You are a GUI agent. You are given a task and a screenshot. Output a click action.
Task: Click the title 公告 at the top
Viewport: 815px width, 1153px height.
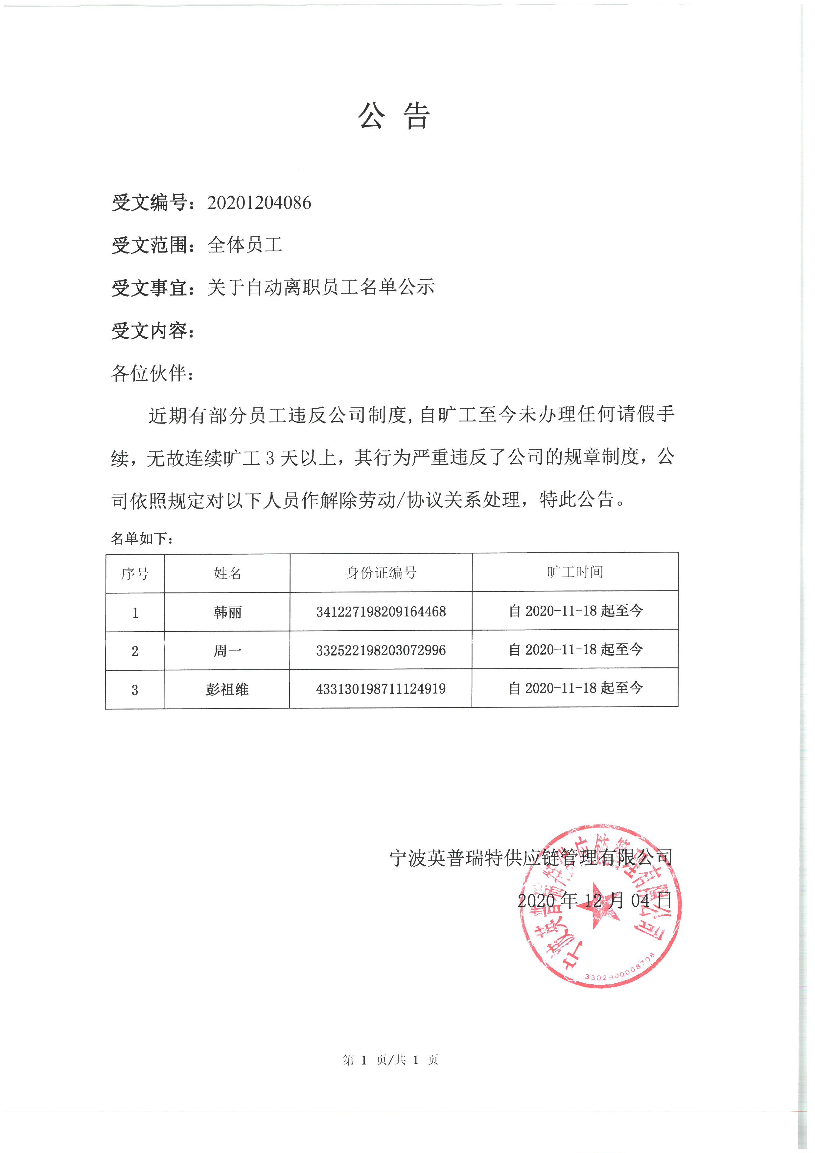point(394,116)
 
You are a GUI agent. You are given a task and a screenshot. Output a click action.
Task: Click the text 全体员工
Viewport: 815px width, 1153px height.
point(245,245)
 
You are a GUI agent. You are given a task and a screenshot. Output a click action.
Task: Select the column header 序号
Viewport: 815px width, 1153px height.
point(135,573)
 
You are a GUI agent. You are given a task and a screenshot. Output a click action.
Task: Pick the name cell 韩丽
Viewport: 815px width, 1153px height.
point(227,612)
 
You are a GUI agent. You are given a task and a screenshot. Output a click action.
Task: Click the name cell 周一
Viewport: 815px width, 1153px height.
point(227,651)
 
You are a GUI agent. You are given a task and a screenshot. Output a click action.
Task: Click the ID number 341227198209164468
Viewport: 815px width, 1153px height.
point(381,612)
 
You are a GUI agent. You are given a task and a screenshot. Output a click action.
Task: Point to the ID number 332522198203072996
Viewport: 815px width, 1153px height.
point(381,650)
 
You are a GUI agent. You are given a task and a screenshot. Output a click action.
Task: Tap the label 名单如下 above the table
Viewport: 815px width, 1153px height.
point(142,539)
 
